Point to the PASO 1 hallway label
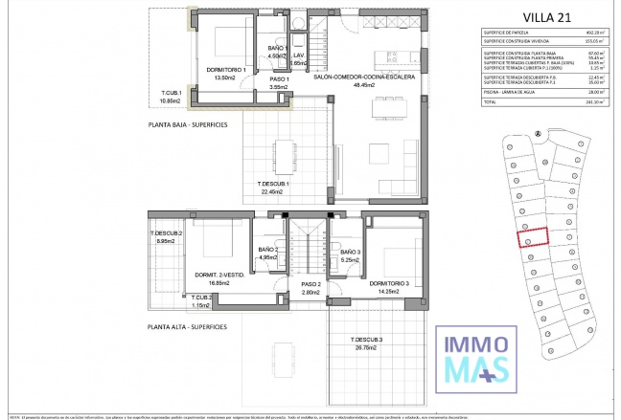pos(252,80)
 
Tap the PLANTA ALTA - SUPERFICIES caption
pos(187,327)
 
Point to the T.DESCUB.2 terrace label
pos(166,234)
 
